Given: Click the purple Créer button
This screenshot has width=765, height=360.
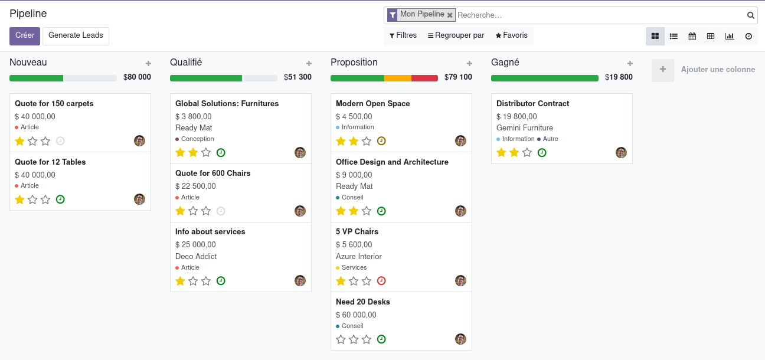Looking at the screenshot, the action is coord(25,36).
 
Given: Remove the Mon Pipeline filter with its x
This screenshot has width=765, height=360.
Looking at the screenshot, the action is coord(450,15).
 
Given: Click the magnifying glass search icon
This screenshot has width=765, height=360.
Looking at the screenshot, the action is coord(750,15).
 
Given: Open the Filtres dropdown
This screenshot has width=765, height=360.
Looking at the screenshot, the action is coord(403,35).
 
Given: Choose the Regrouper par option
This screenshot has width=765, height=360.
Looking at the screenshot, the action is coord(456,35).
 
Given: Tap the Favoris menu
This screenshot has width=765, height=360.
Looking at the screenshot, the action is coord(511,35).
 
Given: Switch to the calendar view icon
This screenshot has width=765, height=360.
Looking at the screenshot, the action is coord(692,36).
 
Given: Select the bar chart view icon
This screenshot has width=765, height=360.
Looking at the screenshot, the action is coord(730,36).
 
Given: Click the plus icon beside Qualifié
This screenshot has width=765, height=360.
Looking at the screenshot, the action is coord(309,64).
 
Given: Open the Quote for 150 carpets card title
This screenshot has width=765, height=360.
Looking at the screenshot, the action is coord(54,103).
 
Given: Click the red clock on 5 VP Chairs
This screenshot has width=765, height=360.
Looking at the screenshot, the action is coord(381,281).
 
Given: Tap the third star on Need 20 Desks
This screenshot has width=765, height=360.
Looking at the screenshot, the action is coord(367,339).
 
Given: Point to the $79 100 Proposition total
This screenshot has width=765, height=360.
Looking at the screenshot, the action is coord(458,77).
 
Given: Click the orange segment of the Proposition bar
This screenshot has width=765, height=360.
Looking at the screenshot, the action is coord(397,78).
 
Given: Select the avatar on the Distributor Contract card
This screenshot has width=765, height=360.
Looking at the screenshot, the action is coord(621,152).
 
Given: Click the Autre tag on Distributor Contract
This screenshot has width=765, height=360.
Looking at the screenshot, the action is coord(550,139).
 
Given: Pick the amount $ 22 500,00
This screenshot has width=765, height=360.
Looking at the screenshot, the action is coord(195,186).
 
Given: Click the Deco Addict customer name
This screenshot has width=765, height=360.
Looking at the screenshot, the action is coord(196,256).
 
